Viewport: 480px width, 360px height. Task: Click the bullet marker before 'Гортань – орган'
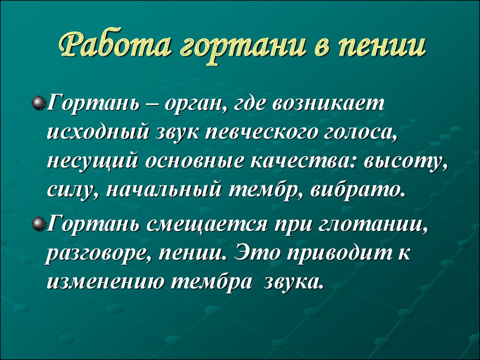tap(38, 102)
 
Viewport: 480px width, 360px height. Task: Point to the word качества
tap(303, 162)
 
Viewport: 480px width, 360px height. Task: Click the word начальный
tap(164, 189)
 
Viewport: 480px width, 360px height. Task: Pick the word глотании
tap(372, 225)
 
